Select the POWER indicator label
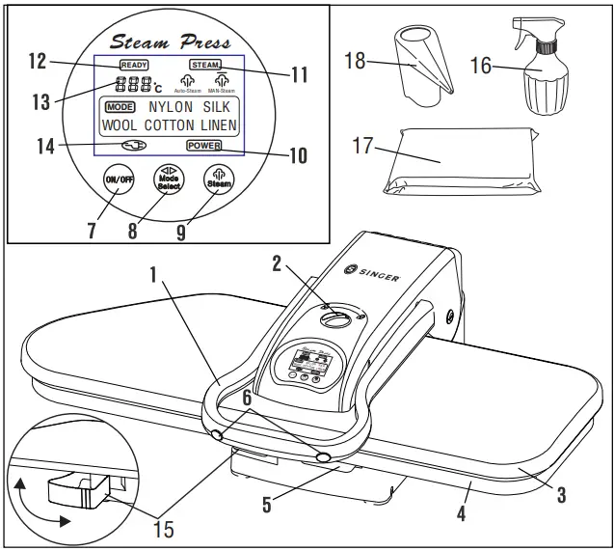click(x=204, y=146)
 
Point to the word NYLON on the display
click(x=170, y=107)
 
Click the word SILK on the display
click(x=217, y=107)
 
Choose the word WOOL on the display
click(x=120, y=125)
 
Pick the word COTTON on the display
click(x=171, y=125)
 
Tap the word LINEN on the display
click(x=221, y=125)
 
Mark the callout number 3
click(x=561, y=496)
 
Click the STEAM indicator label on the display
click(x=204, y=64)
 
